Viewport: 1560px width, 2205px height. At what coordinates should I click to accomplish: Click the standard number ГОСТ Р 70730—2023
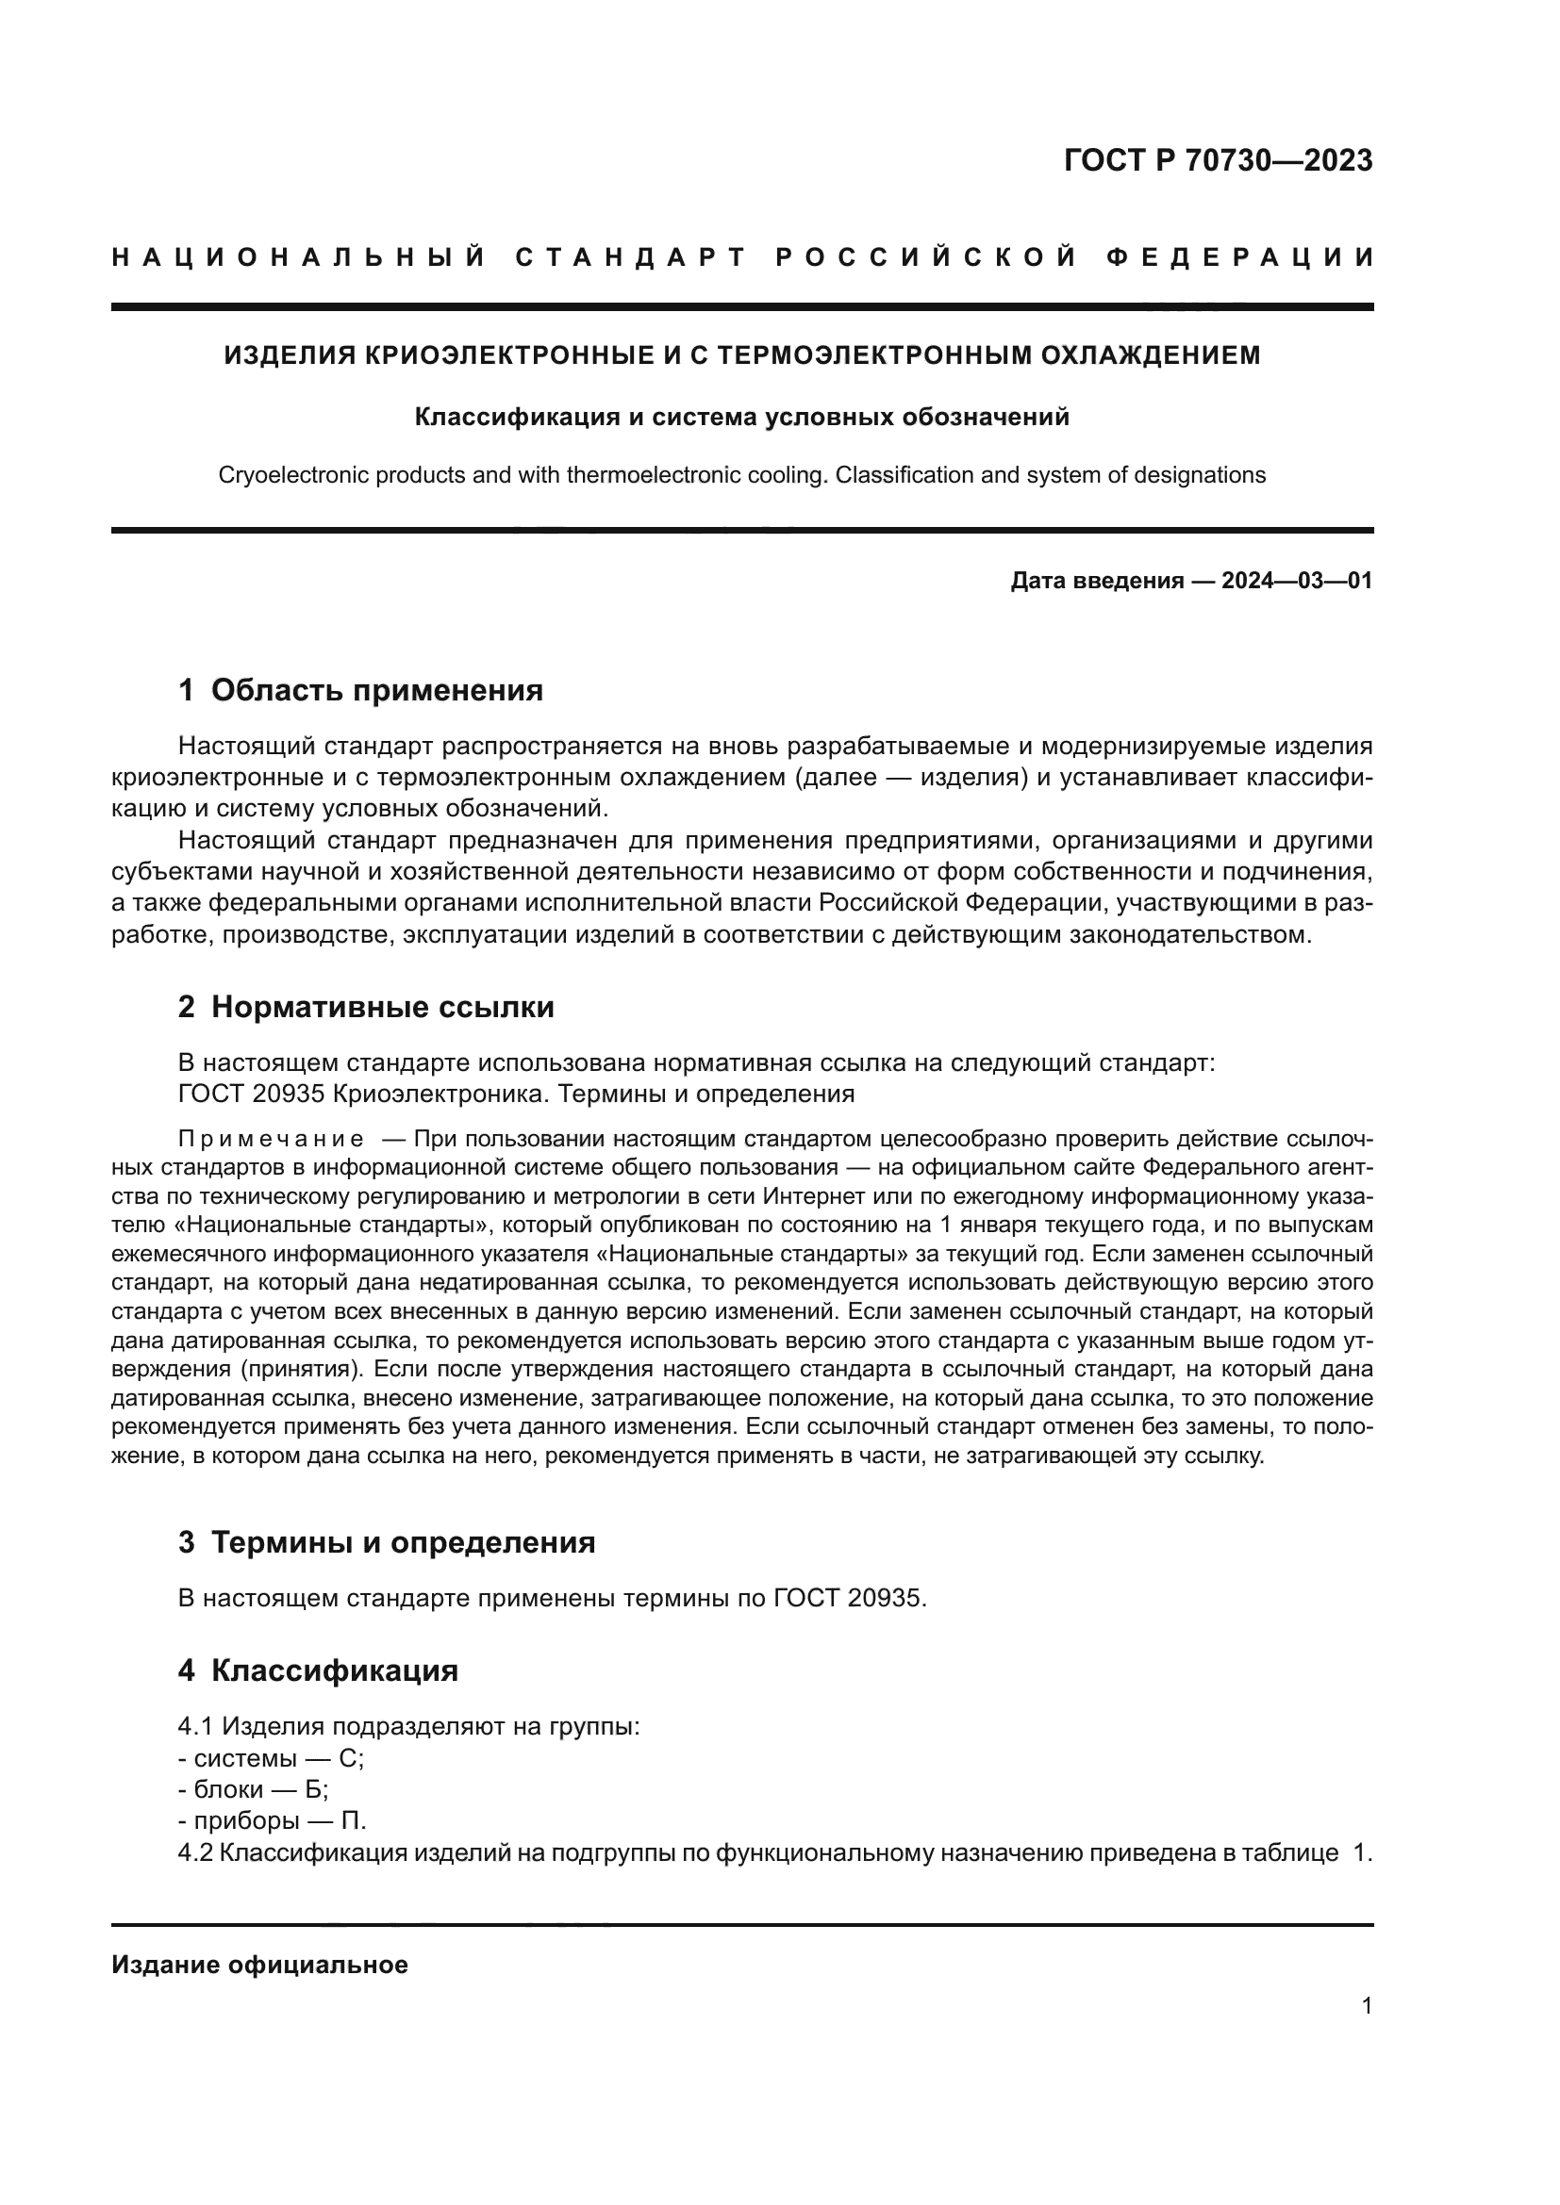(x=1217, y=159)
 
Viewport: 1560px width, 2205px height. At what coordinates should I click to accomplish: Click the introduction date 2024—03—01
(x=1296, y=580)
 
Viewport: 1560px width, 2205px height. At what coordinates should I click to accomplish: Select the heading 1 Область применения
(x=360, y=689)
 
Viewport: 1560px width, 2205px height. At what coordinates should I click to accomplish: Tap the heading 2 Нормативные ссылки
(x=366, y=1007)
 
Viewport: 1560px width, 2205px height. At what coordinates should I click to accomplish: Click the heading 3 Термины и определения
(x=386, y=1542)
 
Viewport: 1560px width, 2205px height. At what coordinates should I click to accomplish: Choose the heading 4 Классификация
(x=318, y=1670)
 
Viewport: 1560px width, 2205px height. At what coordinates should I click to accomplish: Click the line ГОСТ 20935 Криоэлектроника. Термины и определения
(x=516, y=1094)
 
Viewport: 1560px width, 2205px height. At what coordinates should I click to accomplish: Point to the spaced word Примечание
(x=271, y=1140)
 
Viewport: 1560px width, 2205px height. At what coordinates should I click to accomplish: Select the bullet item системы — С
(x=271, y=1758)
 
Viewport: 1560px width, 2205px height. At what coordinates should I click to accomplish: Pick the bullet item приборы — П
(x=272, y=1821)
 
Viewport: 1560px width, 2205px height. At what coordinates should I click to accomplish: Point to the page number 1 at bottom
(x=1366, y=2005)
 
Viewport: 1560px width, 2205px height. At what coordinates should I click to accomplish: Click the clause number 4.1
(x=195, y=1727)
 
